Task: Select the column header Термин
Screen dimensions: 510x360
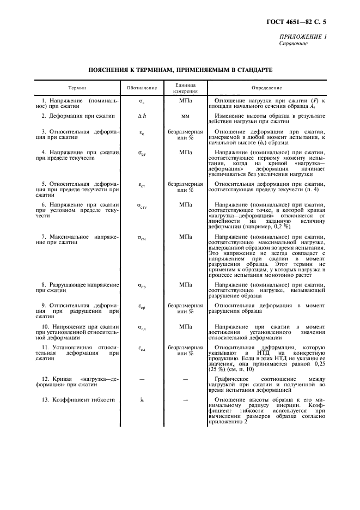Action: coord(77,88)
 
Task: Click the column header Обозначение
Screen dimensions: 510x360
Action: coord(142,88)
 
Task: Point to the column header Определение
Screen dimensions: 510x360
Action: coord(267,88)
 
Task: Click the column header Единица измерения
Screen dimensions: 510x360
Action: coord(185,88)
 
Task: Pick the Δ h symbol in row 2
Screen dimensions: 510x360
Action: coord(142,116)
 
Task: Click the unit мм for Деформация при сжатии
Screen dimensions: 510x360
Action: coord(185,116)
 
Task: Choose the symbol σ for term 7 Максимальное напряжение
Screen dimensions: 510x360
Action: coord(142,238)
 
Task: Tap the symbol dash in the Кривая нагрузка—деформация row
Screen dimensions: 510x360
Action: coord(142,378)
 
